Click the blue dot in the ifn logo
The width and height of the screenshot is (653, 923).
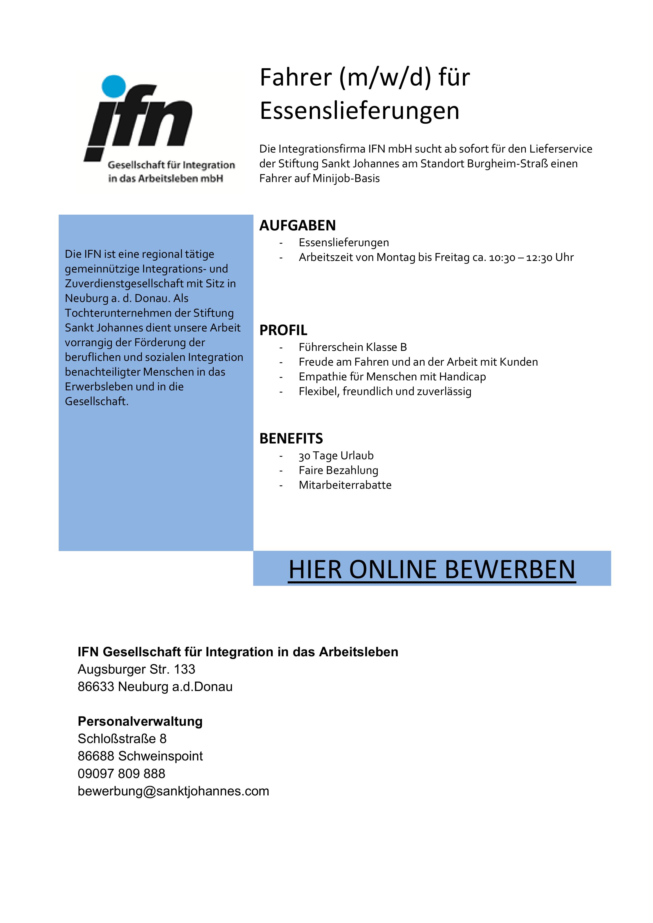114,86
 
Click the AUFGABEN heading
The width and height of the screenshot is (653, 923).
297,225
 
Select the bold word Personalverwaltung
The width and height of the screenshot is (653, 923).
140,721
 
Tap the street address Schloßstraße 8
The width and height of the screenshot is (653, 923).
122,739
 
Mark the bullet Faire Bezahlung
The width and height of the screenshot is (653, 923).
338,470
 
